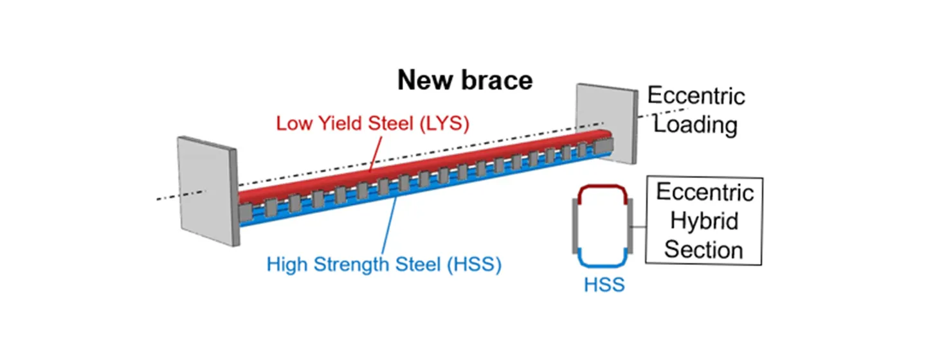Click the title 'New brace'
(464, 81)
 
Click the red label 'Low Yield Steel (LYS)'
(372, 123)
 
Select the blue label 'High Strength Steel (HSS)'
(383, 264)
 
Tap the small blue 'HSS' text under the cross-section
(604, 284)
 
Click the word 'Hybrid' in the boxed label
(704, 221)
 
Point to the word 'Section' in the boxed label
(704, 249)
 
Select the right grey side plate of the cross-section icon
(631, 225)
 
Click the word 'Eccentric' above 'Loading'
(696, 96)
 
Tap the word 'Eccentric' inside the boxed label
(704, 192)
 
